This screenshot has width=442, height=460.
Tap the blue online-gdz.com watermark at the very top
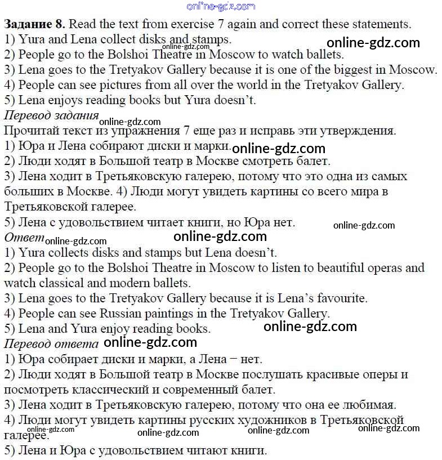(220, 6)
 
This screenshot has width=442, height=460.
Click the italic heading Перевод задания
(51, 115)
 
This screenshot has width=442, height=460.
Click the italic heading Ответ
(24, 236)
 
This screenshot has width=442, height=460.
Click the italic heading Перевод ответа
(51, 343)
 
